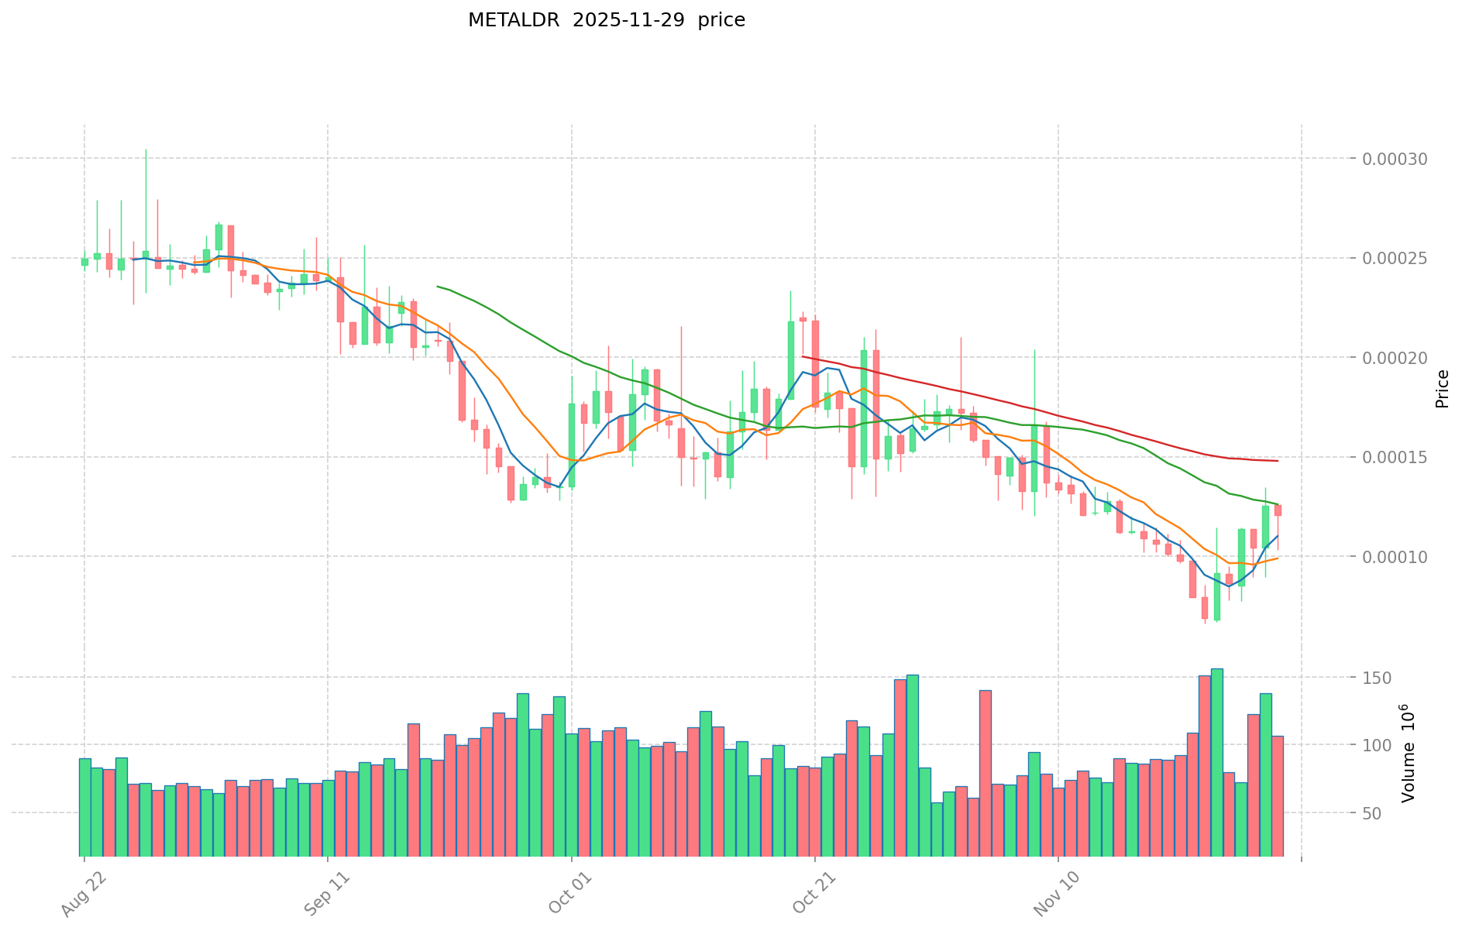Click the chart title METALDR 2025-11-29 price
(606, 20)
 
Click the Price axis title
(1441, 389)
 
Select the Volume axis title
(1409, 753)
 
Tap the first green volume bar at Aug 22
(85, 806)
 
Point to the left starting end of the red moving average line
(803, 356)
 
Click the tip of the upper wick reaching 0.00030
(146, 149)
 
